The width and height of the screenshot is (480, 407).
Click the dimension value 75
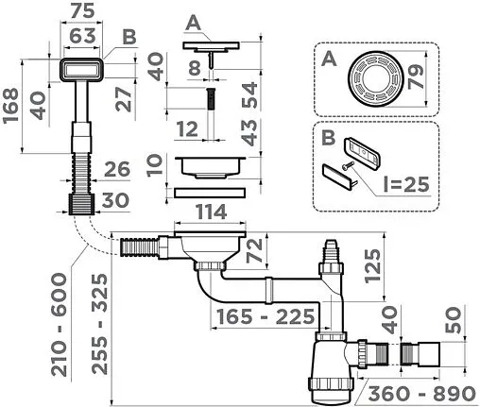83,11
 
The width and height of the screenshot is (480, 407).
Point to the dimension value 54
249,93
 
